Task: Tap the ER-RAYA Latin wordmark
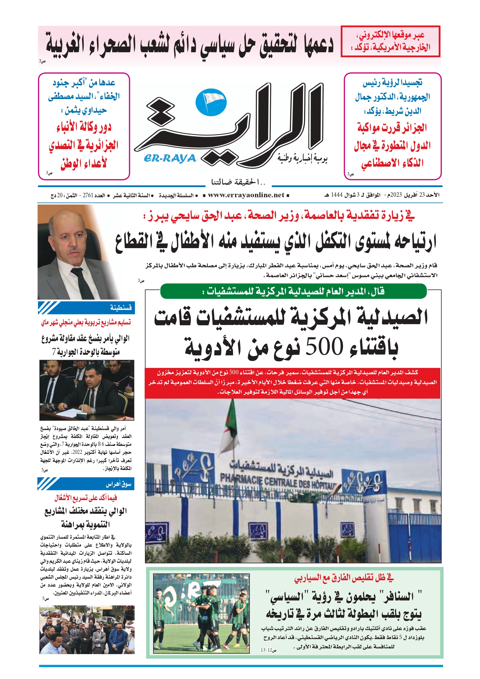pos(170,158)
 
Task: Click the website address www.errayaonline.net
pos(246,195)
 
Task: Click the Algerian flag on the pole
pos(232,426)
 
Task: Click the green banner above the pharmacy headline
pos(293,291)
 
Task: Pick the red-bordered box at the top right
pos(390,41)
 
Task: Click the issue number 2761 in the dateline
pos(88,196)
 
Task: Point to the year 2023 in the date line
pos(396,195)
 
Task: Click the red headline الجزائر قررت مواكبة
pos(392,128)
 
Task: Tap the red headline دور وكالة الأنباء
pos(84,127)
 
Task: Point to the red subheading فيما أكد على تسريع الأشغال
pos(86,498)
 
